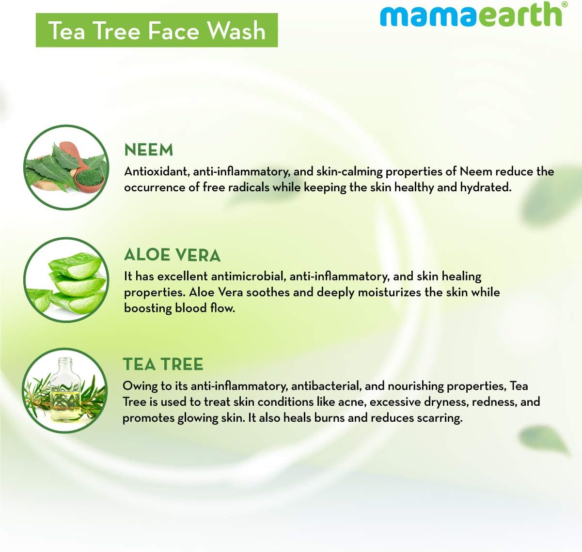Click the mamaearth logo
pyautogui.click(x=473, y=14)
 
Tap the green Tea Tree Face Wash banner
pyautogui.click(x=157, y=30)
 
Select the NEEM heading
pyautogui.click(x=149, y=150)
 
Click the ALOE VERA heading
pyautogui.click(x=173, y=255)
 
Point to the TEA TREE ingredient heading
pyautogui.click(x=163, y=364)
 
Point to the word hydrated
pyautogui.click(x=486, y=187)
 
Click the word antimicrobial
pyautogui.click(x=249, y=276)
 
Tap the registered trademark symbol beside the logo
pyautogui.click(x=565, y=4)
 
